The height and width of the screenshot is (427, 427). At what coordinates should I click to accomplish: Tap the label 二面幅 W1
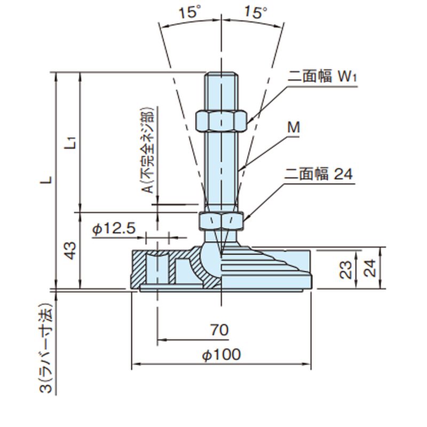click(x=322, y=77)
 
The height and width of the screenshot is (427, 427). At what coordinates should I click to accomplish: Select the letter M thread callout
click(x=293, y=128)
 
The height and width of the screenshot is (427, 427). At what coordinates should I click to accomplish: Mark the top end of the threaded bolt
click(x=221, y=76)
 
